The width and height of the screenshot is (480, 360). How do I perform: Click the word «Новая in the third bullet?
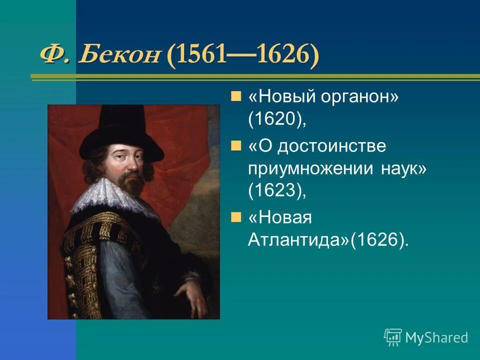279,217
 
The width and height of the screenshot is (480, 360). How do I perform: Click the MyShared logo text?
436,337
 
